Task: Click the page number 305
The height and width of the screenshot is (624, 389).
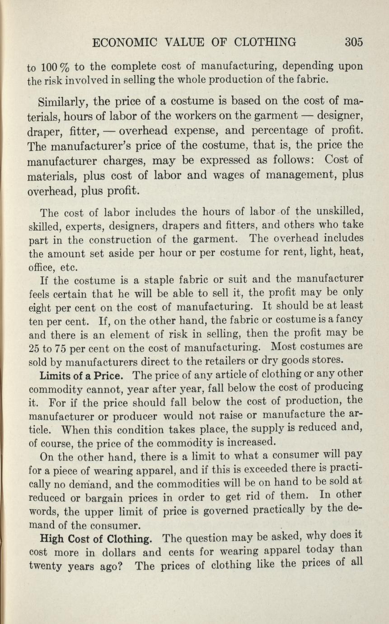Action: [x=354, y=43]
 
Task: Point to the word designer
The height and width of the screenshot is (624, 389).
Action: [x=340, y=116]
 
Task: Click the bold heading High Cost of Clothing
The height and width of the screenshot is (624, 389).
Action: [x=96, y=539]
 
